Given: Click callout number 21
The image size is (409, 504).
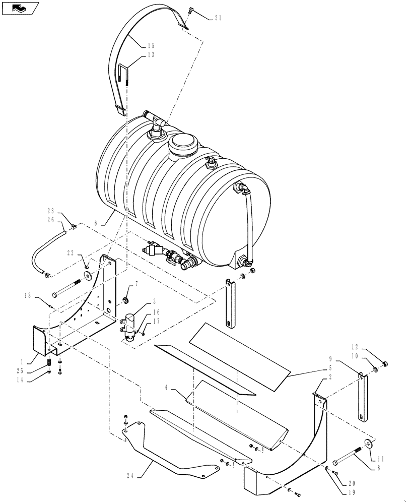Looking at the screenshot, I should click(218, 18).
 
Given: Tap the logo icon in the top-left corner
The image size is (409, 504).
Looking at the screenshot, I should click(20, 9).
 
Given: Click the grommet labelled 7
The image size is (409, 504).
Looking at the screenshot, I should click(124, 300).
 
